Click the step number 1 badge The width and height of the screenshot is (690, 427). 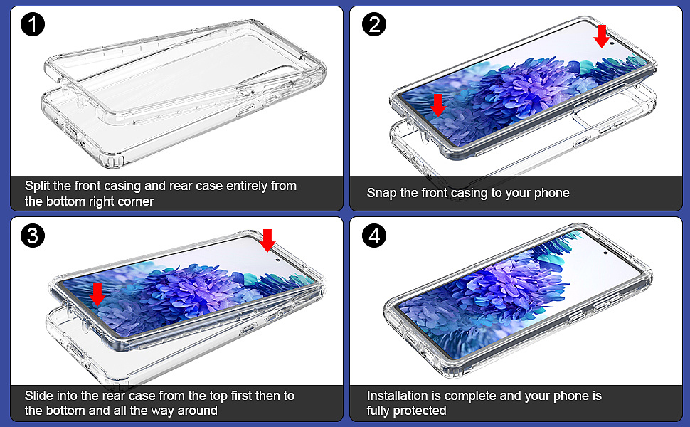click(x=33, y=24)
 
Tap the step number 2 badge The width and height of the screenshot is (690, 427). click(x=374, y=24)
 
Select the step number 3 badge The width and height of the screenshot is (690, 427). click(x=33, y=236)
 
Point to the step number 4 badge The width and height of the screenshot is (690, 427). click(x=374, y=236)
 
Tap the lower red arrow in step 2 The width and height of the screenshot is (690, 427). click(x=437, y=105)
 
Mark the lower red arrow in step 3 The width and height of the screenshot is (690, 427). click(x=97, y=294)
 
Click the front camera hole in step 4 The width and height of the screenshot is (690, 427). click(x=605, y=253)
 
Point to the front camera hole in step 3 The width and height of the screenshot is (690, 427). click(x=277, y=260)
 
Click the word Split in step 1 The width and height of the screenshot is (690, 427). click(x=38, y=186)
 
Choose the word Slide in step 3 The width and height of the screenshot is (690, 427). click(x=38, y=396)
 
